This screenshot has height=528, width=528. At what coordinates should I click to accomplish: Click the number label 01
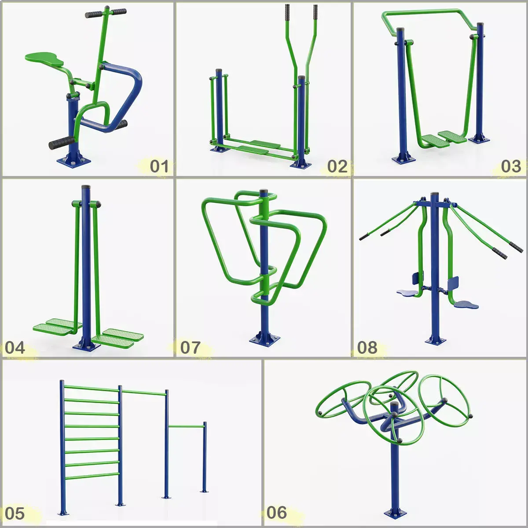pos(159,166)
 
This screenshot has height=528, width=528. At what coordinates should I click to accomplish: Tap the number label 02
pos(337,166)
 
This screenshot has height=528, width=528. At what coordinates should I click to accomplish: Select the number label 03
pos(511,166)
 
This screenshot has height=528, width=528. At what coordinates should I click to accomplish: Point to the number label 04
pos(15,348)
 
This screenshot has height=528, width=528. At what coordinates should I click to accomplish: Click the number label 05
pos(15,513)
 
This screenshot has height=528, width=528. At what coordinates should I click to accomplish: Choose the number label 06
pos(276,513)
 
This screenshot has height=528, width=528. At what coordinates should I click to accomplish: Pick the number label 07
pos(190,348)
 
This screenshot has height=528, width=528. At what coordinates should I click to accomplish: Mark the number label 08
pos(367,348)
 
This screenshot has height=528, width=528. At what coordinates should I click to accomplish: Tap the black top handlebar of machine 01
pos(106,13)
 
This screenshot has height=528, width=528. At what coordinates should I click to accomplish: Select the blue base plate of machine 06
pos(395,513)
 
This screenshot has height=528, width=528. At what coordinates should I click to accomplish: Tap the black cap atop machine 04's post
pos(85,187)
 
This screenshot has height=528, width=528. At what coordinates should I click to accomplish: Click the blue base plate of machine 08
pos(435,340)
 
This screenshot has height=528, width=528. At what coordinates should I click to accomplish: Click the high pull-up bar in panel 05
pos(143,392)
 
